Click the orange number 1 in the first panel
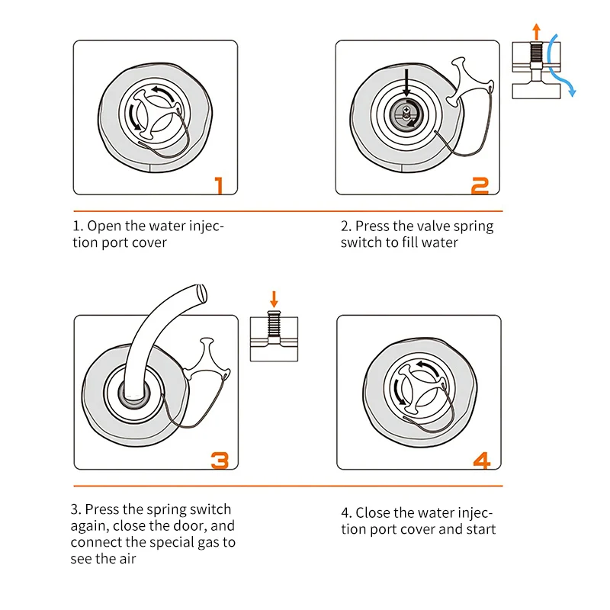[220, 185]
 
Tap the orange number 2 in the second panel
[480, 185]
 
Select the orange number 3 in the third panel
[220, 461]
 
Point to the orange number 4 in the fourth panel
[482, 461]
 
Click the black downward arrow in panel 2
[406, 83]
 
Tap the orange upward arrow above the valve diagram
[537, 31]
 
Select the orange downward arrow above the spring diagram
[274, 299]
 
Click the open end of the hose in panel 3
[202, 294]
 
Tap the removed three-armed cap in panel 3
[205, 360]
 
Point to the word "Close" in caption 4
[373, 512]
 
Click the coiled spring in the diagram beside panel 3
[274, 324]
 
